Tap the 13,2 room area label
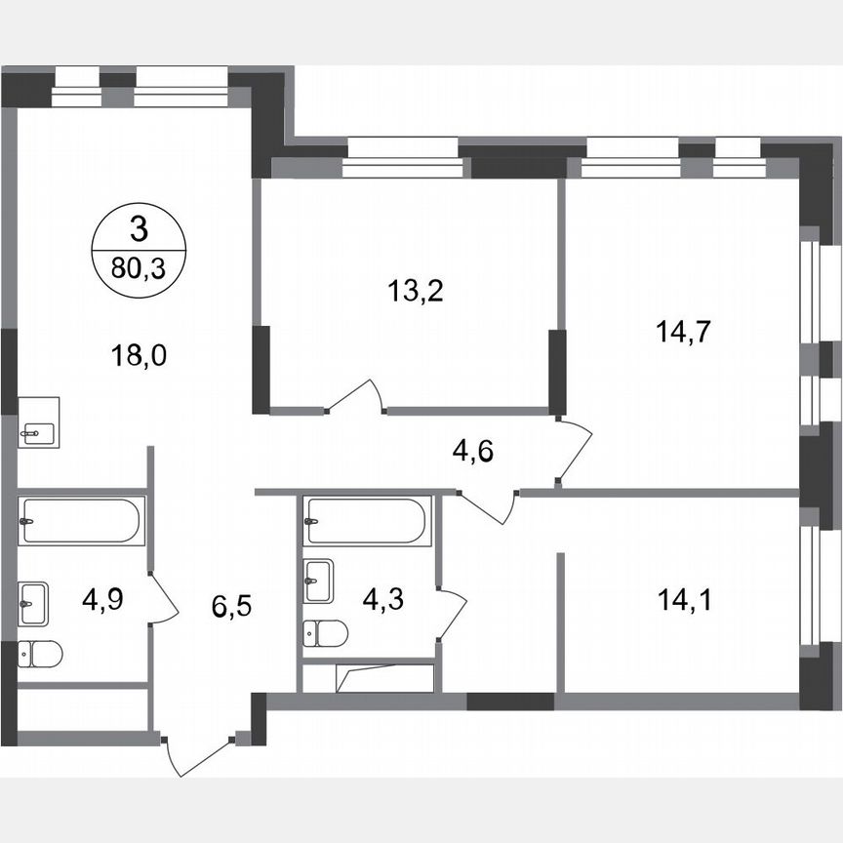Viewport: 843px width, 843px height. tap(417, 290)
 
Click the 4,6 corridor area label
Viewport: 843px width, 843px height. tap(473, 452)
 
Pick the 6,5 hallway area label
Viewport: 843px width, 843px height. tap(230, 610)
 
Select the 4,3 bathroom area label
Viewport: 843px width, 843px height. tap(384, 598)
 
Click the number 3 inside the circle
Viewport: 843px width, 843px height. tap(138, 230)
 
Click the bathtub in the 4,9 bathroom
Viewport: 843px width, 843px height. tap(81, 519)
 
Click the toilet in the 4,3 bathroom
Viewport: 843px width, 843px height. tap(326, 634)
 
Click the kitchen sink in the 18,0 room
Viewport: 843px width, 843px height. tap(39, 422)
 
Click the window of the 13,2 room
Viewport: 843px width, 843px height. tap(403, 156)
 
